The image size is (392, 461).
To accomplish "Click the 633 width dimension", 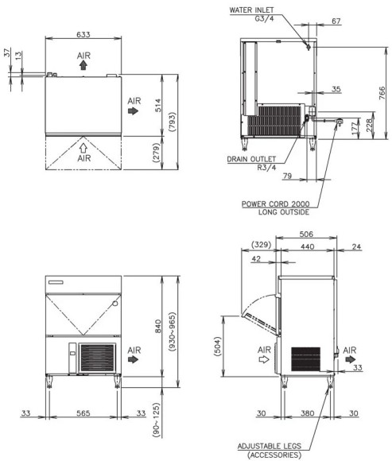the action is [x=83, y=35].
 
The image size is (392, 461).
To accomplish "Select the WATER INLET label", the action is [x=251, y=10].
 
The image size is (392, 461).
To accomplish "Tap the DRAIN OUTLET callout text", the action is [x=251, y=159].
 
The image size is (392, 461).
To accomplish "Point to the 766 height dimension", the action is [x=382, y=93].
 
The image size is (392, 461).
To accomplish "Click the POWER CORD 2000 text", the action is [x=276, y=203].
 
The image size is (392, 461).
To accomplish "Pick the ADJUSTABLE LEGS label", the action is [x=270, y=447].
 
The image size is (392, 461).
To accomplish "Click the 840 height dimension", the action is [x=158, y=326].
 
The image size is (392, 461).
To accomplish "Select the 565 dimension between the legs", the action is [x=83, y=413].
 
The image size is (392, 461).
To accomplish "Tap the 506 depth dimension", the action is [x=306, y=234].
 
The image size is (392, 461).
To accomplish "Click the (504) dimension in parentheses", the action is [x=217, y=347].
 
